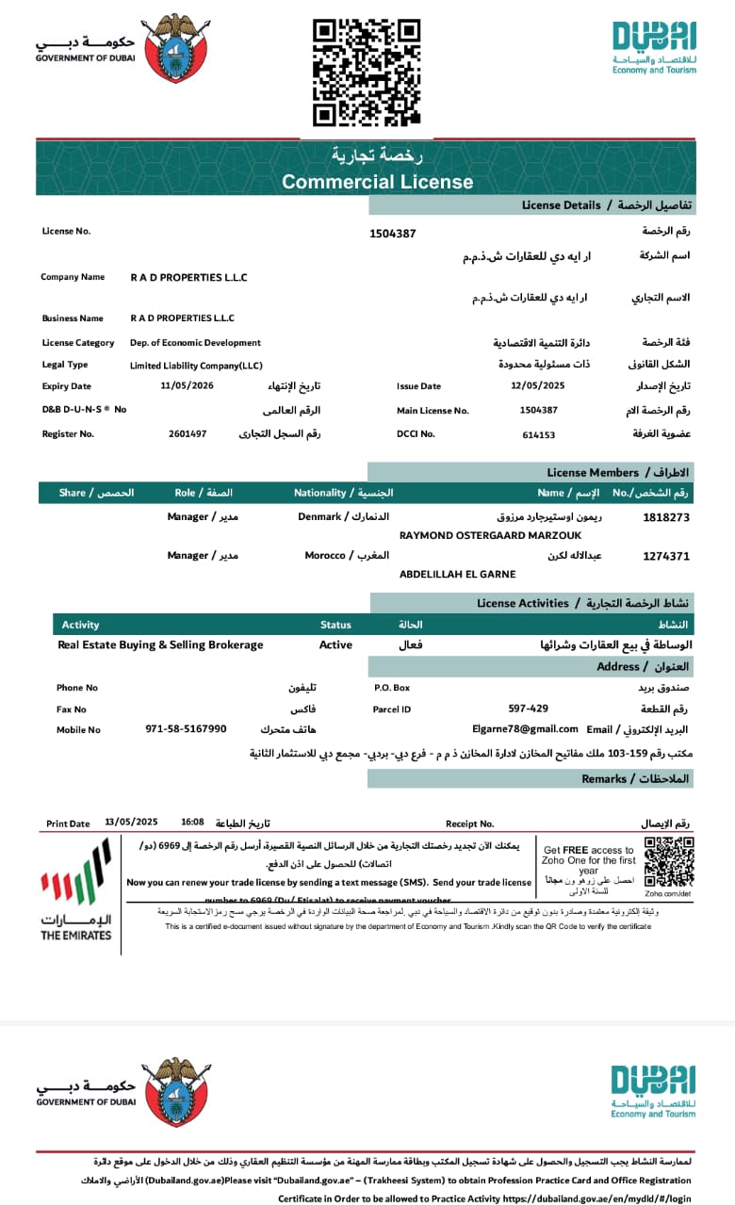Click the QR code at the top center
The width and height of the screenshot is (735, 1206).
click(367, 72)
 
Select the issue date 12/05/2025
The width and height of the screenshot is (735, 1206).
click(537, 385)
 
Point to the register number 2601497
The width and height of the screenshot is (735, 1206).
click(188, 433)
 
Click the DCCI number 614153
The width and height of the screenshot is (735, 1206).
click(539, 434)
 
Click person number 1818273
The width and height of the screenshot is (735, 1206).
click(666, 517)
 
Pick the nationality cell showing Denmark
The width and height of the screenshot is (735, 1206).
click(318, 517)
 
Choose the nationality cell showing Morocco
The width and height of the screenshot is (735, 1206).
click(324, 555)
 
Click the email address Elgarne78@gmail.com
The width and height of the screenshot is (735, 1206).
click(525, 728)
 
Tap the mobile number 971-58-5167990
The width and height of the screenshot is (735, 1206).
click(186, 728)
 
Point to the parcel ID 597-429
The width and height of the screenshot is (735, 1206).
click(529, 708)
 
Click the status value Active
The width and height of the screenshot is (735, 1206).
click(335, 644)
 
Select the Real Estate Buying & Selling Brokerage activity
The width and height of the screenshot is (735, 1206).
click(160, 644)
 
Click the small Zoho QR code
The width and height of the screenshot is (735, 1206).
click(668, 860)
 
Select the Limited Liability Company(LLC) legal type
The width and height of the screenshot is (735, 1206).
click(196, 365)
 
